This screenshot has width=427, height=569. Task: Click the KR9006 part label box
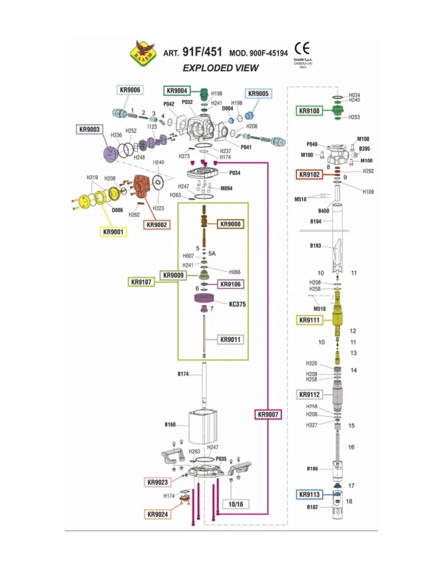[x=129, y=90]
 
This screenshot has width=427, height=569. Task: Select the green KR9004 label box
[x=177, y=91]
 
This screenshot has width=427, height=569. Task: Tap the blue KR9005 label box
[x=258, y=94]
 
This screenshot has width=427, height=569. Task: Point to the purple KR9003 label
[x=90, y=129]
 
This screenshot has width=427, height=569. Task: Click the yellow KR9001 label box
[x=113, y=231]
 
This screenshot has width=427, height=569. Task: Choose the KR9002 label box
[x=157, y=224]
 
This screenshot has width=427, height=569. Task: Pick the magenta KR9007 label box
[x=269, y=415]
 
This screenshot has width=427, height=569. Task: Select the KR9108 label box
[x=309, y=111]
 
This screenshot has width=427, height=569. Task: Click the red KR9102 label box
[x=309, y=174]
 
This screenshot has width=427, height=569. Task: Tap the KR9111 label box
[x=309, y=320]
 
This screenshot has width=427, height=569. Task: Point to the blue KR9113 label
[x=309, y=495]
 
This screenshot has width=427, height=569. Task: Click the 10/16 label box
[x=236, y=504]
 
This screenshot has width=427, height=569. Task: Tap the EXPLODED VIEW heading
[x=221, y=68]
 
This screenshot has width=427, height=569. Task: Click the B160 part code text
[x=170, y=425]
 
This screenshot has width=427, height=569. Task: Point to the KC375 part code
[x=237, y=305]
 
